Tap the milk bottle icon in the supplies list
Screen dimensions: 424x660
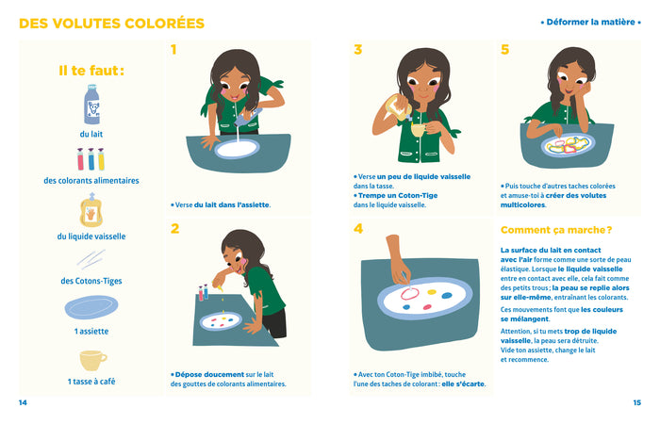click(x=91, y=106)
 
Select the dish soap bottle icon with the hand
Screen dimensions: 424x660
click(x=91, y=211)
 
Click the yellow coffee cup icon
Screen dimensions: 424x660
click(x=91, y=361)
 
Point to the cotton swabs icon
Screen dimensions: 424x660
click(x=91, y=259)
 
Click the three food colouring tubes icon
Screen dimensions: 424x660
click(x=91, y=158)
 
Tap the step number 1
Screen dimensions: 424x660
click(x=173, y=50)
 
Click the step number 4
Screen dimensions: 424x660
click(x=358, y=228)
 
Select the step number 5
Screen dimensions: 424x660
click(x=504, y=50)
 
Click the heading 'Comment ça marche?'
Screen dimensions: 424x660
click(x=555, y=229)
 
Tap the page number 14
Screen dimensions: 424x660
click(x=23, y=402)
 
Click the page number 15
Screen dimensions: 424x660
click(x=636, y=402)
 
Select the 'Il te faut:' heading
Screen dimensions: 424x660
click(x=91, y=70)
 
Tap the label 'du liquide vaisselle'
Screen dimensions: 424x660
click(x=91, y=236)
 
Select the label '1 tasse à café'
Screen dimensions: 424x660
click(x=91, y=382)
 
